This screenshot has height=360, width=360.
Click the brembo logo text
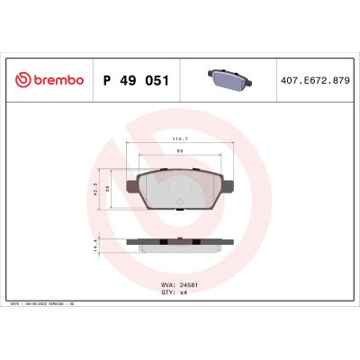pyautogui.click(x=58, y=80)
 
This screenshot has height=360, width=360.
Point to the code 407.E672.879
pyautogui.click(x=313, y=80)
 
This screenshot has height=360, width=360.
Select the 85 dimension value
pyautogui.click(x=180, y=150)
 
